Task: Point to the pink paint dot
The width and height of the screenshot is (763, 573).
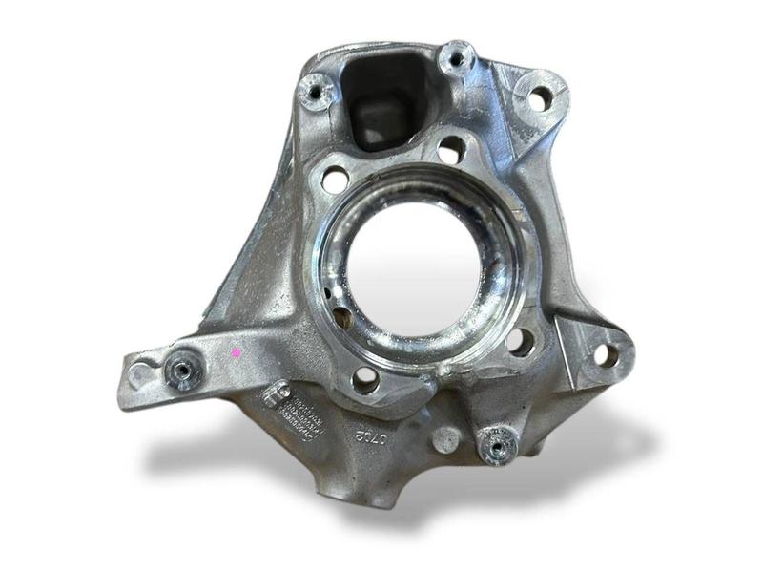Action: click(237, 352)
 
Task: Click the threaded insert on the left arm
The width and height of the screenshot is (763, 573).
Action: click(181, 371)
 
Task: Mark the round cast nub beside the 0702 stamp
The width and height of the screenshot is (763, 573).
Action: click(445, 439)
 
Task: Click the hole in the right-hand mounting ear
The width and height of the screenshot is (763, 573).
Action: click(604, 355)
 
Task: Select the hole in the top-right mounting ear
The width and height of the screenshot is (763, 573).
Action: click(540, 97)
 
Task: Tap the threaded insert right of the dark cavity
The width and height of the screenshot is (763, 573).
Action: click(458, 59)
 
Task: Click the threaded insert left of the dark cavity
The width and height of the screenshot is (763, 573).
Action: click(316, 92)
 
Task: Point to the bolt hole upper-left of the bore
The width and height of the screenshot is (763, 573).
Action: click(335, 179)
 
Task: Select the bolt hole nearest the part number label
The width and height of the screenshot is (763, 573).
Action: click(365, 378)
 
